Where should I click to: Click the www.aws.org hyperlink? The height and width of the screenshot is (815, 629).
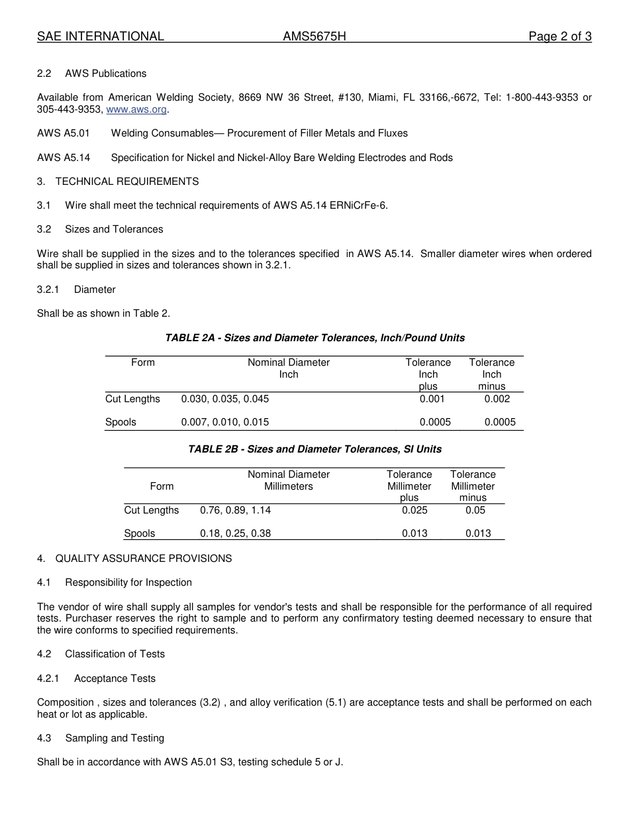click(x=136, y=109)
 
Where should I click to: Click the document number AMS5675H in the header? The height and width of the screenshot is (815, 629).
click(x=314, y=36)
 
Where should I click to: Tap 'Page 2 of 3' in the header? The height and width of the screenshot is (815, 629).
click(x=559, y=36)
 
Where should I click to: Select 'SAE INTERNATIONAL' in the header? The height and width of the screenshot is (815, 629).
click(x=101, y=36)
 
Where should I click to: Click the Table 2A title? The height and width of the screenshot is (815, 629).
click(x=314, y=338)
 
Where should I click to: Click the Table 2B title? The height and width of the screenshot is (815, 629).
click(x=314, y=449)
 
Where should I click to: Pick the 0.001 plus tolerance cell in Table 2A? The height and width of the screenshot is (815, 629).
click(x=432, y=399)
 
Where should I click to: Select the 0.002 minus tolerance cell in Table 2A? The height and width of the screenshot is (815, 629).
click(x=497, y=399)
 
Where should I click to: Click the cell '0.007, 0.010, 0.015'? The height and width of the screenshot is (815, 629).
click(x=225, y=422)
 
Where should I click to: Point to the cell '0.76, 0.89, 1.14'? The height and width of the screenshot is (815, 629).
click(x=235, y=510)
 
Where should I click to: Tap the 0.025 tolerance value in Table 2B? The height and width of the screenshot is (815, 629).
click(x=414, y=510)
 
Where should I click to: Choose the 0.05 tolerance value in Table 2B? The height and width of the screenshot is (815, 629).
click(x=475, y=510)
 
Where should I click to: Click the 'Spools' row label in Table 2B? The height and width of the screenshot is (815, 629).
click(x=140, y=533)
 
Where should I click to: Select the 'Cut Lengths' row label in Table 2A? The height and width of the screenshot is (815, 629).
click(x=132, y=399)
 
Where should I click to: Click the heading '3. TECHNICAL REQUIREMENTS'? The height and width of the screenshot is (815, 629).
click(x=118, y=182)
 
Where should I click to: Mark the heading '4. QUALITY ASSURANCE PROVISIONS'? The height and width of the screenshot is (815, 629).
click(x=134, y=559)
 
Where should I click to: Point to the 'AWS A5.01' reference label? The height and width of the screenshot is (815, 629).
click(x=64, y=133)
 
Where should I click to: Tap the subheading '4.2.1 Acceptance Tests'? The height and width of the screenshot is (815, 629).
click(x=96, y=679)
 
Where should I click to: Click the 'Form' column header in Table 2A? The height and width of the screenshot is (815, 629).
click(x=143, y=362)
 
